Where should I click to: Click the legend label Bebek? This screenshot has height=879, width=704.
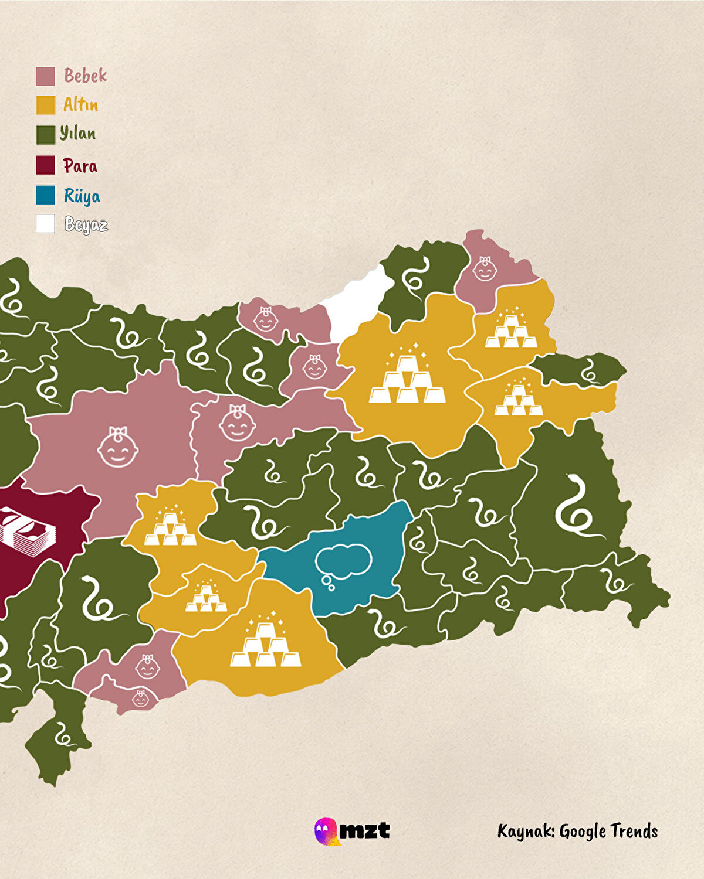[x=86, y=76]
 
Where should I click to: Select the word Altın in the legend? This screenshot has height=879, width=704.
[x=81, y=105]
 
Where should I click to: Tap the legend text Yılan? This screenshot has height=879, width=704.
[x=78, y=134]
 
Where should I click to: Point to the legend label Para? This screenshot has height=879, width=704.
[x=80, y=166]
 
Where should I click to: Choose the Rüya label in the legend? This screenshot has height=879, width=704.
[x=82, y=196]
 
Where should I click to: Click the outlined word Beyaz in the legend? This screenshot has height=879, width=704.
[x=86, y=224]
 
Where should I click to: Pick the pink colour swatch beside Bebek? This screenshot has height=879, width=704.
[x=45, y=76]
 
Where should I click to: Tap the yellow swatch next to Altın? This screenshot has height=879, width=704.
[x=45, y=105]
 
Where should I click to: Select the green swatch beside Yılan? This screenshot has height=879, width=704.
[x=45, y=135]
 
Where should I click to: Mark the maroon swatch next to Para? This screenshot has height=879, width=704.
[x=45, y=165]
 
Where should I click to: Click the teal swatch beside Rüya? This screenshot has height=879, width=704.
[x=45, y=195]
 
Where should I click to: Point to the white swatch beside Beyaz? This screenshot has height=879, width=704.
[x=45, y=224]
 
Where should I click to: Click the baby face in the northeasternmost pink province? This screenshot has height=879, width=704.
[x=485, y=269]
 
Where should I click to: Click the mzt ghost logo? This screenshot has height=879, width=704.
[x=326, y=832]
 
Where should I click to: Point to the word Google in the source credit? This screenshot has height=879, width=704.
[x=582, y=832]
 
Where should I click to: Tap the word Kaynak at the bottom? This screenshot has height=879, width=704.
[x=526, y=832]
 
